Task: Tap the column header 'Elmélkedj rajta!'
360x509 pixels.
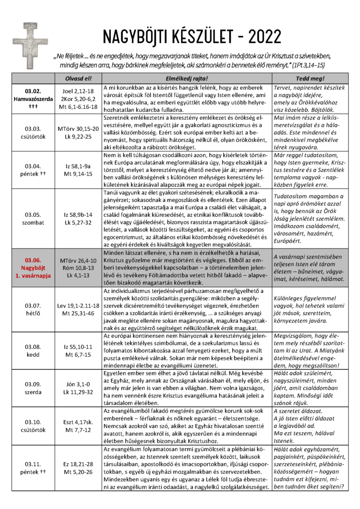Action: coord(186,79)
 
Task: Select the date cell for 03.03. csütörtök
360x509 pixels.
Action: coord(31,132)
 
